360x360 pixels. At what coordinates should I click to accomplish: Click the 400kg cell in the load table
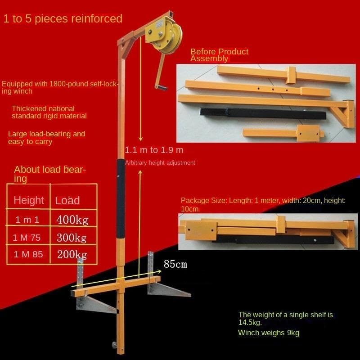coord(72,220)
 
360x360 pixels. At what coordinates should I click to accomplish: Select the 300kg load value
coord(72,237)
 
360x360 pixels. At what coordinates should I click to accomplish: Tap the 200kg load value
coord(72,254)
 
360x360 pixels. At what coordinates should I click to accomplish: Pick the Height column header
coord(29,200)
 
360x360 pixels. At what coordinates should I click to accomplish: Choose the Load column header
coord(67,200)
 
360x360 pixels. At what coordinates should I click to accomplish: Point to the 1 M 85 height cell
coord(28,254)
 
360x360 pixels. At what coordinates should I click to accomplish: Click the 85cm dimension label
coord(175,264)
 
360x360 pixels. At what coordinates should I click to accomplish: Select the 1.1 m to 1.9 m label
coord(154,150)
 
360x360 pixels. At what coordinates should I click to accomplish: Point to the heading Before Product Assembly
coord(219,55)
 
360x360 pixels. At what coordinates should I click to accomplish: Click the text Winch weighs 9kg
coord(269,333)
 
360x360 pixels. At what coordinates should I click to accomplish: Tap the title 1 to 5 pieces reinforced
coord(63,18)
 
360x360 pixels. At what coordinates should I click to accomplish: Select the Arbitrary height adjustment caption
coord(160,163)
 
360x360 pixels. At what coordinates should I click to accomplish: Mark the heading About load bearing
coord(49,174)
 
